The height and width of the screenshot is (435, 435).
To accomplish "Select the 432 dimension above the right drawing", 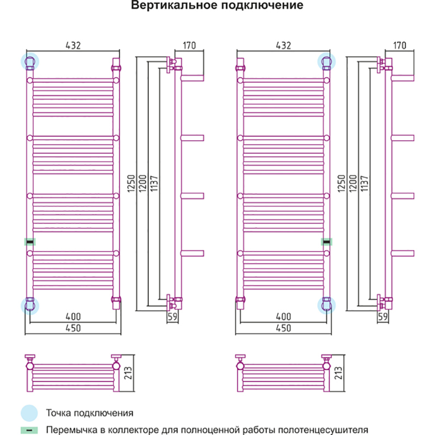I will tap(283, 46).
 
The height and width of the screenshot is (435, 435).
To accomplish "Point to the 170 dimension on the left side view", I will tap(190, 46).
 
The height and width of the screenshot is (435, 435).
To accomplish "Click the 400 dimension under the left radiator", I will tap(73, 316).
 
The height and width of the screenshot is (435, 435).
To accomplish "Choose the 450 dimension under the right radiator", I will tap(283, 328).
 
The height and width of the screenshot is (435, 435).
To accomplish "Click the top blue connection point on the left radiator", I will tap(29, 61).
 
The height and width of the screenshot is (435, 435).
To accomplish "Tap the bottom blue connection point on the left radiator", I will tap(29, 305).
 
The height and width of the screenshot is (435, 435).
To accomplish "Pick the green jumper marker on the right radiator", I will tap(326, 241).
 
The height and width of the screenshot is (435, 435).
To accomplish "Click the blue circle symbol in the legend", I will tap(30, 413).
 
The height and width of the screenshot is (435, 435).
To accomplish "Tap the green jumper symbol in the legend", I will tap(30, 429).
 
